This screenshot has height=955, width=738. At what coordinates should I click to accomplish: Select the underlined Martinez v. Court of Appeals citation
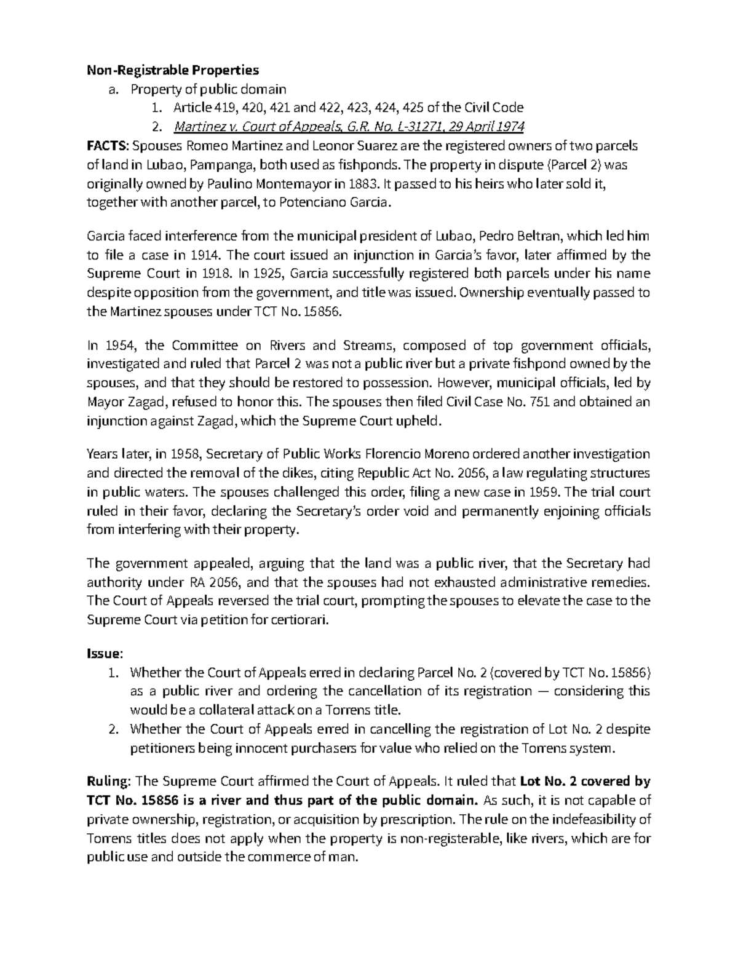tap(349, 127)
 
